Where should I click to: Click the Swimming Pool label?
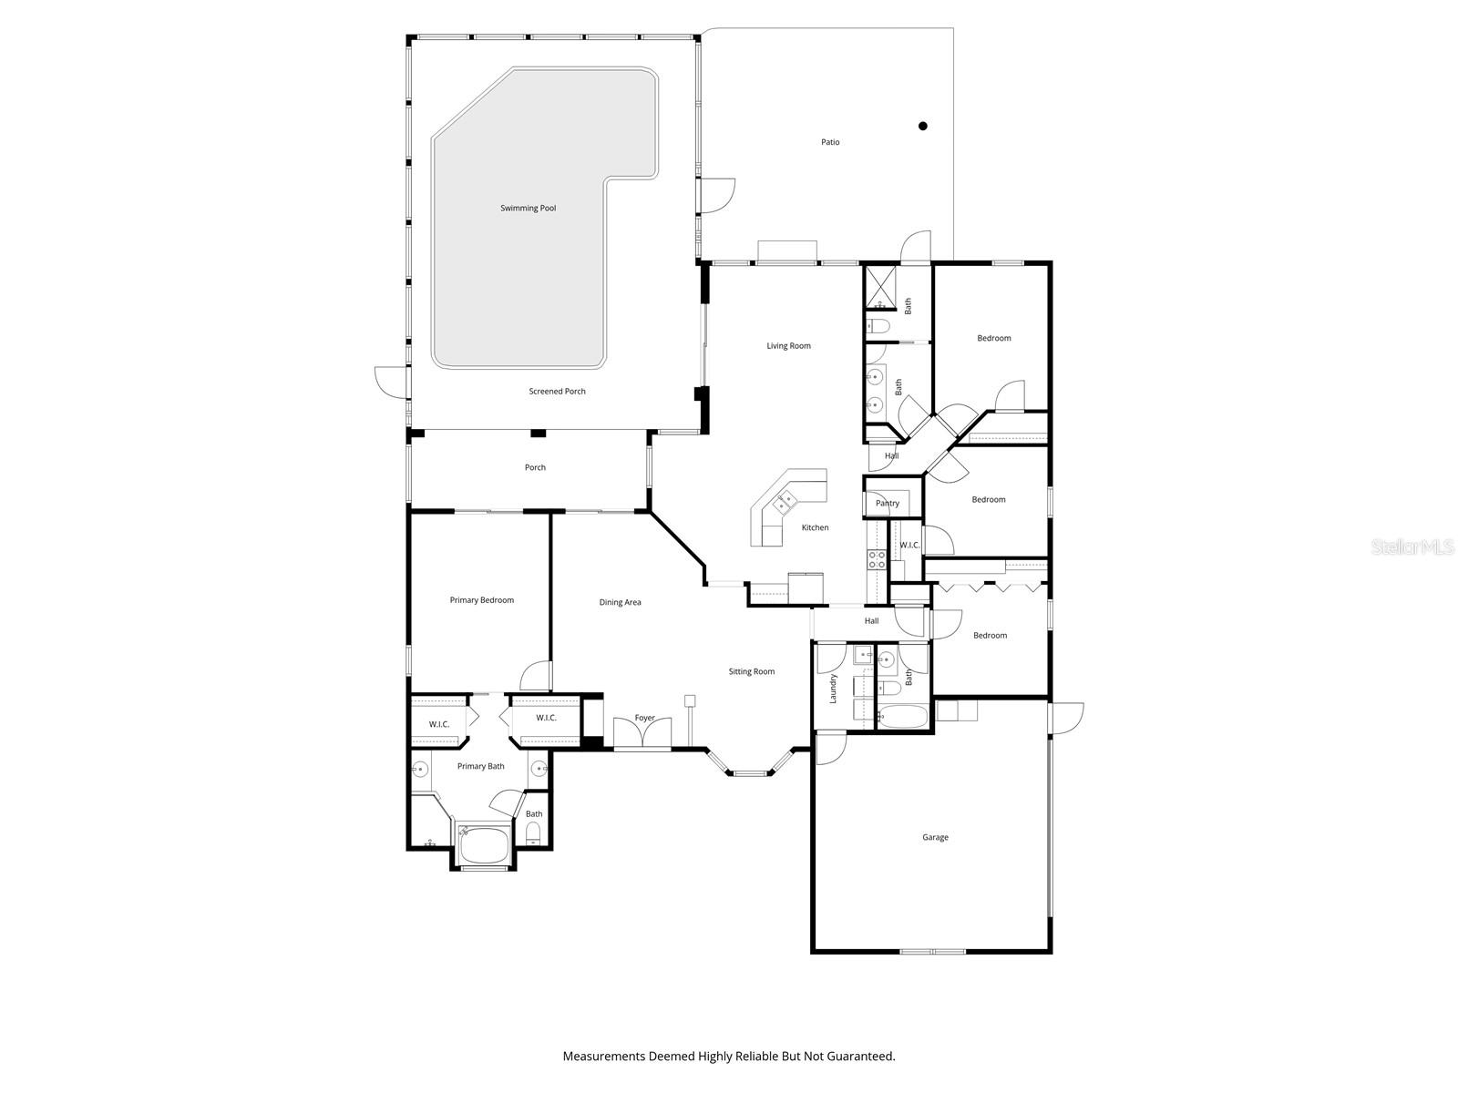click(x=528, y=209)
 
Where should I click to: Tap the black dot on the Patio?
click(x=922, y=127)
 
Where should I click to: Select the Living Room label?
click(x=788, y=346)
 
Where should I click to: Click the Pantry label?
click(x=887, y=504)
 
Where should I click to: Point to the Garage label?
click(x=935, y=837)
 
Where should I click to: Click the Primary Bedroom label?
click(x=481, y=600)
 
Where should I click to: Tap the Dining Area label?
click(x=620, y=602)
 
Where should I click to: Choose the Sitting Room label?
click(x=751, y=672)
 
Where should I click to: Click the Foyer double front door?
click(x=642, y=733)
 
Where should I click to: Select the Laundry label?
click(x=833, y=689)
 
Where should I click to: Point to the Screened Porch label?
click(x=557, y=392)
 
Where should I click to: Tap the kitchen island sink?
click(x=784, y=500)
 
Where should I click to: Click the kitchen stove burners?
click(x=876, y=559)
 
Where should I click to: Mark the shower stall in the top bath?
click(x=880, y=288)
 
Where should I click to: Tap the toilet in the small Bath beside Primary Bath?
click(x=533, y=833)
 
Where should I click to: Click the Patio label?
click(x=830, y=142)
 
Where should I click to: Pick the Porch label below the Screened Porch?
click(x=535, y=468)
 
